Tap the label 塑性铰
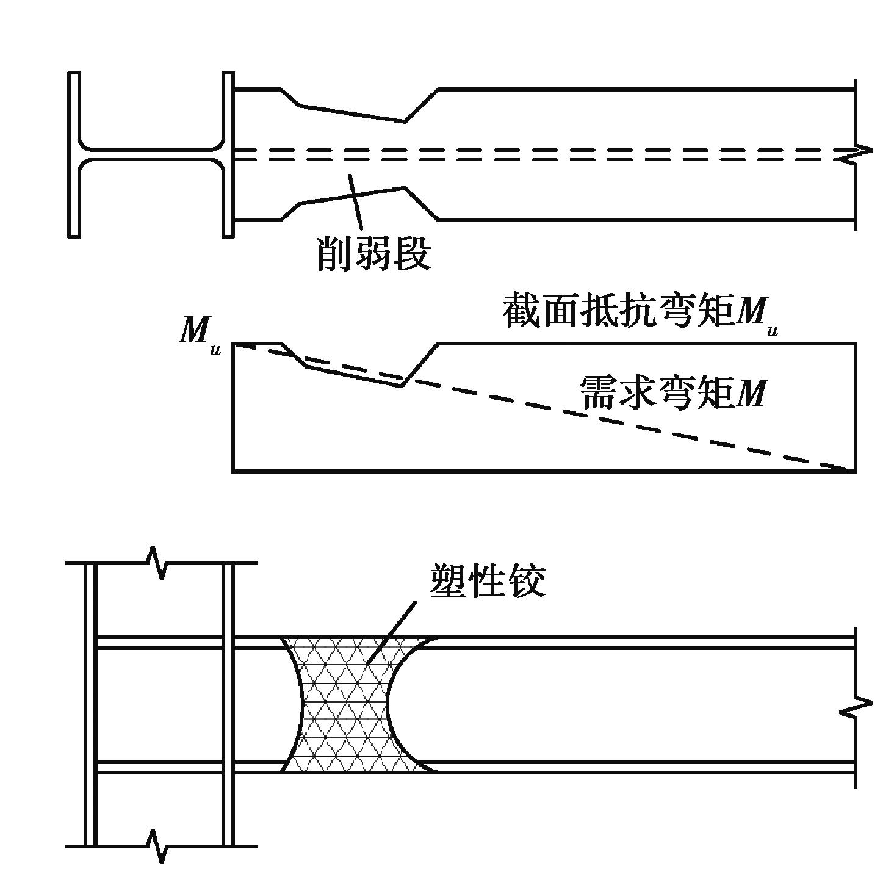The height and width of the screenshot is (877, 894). (x=487, y=580)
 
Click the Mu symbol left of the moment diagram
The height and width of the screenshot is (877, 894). (x=199, y=335)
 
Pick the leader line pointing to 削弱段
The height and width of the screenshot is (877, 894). (x=355, y=201)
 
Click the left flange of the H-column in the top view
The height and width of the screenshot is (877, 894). (x=74, y=154)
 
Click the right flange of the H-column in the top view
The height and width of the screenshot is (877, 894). (x=228, y=154)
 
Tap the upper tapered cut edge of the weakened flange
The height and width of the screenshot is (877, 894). (x=351, y=114)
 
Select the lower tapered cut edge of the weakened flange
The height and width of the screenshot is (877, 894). (x=351, y=195)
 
